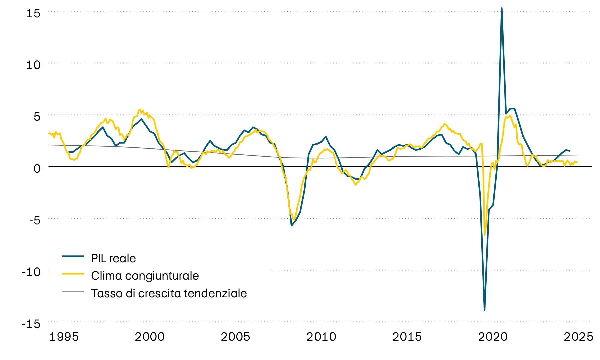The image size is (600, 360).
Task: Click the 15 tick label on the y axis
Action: pyautogui.click(x=33, y=13)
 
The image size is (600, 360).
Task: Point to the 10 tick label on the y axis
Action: pyautogui.click(x=33, y=65)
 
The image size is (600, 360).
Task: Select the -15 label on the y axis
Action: pyautogui.click(x=31, y=324)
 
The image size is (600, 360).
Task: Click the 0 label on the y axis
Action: pyautogui.click(x=37, y=168)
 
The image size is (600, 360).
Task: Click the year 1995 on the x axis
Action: pyautogui.click(x=64, y=337)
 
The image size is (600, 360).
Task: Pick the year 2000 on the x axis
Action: pyautogui.click(x=150, y=337)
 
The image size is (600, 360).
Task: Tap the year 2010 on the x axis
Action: pyautogui.click(x=321, y=337)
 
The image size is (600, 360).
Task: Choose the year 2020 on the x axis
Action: pyautogui.click(x=493, y=337)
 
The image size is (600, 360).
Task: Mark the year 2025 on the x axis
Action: pyautogui.click(x=578, y=337)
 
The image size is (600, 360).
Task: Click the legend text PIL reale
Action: pyautogui.click(x=113, y=259)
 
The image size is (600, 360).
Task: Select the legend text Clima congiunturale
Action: pyautogui.click(x=145, y=276)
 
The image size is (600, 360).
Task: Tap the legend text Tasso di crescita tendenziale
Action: pyautogui.click(x=169, y=293)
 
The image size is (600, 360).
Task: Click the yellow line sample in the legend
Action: pyautogui.click(x=73, y=273)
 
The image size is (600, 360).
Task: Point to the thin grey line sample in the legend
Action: pyautogui.click(x=73, y=291)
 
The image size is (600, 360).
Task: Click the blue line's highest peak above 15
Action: pyautogui.click(x=502, y=8)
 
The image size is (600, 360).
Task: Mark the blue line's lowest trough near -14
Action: pyautogui.click(x=484, y=310)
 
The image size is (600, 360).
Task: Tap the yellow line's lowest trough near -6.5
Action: pyautogui.click(x=485, y=235)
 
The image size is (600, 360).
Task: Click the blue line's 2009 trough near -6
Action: pyautogui.click(x=292, y=226)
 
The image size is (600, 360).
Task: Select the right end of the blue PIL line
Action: pyautogui.click(x=570, y=151)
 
